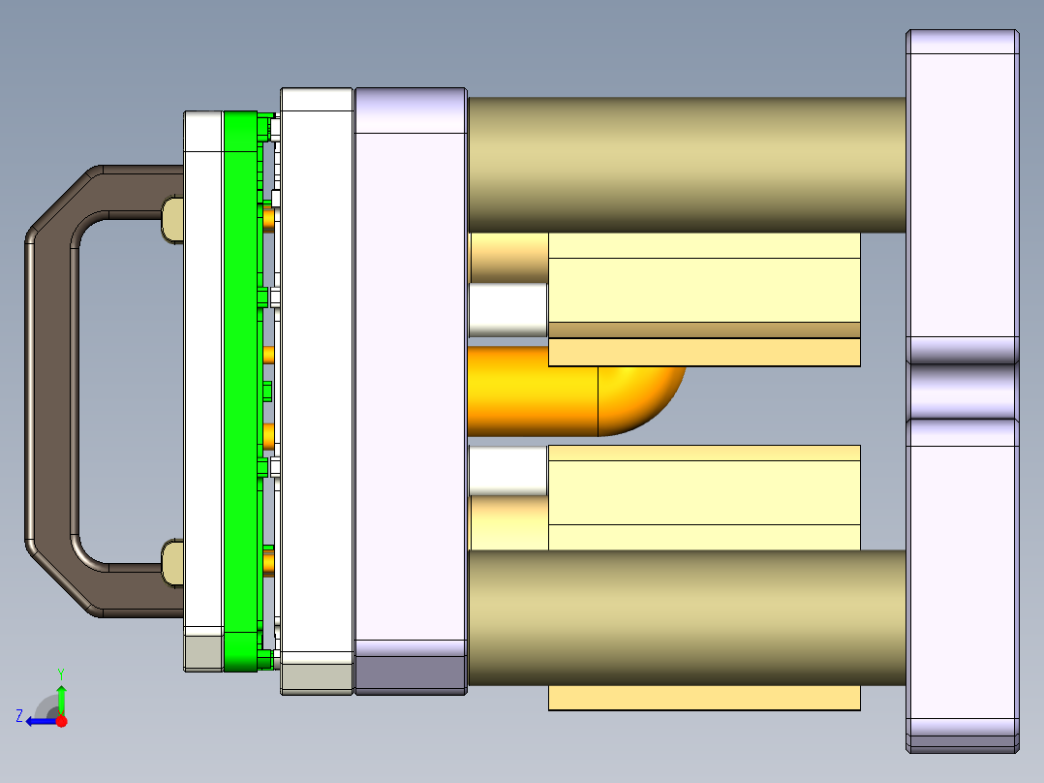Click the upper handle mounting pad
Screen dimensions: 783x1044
[171, 220]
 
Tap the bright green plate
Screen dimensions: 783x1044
[241, 388]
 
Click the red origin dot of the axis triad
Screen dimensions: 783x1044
[62, 721]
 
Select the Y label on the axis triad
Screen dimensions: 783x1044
[61, 673]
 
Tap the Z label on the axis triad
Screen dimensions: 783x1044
[19, 716]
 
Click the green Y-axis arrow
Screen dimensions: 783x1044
[61, 698]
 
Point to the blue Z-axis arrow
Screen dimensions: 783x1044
[41, 720]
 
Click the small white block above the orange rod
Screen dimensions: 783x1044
[507, 309]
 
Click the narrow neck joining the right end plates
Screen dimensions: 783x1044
[963, 391]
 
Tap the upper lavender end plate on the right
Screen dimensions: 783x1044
[963, 194]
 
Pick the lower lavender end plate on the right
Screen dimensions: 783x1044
[963, 581]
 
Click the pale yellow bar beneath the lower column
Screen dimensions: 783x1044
[704, 698]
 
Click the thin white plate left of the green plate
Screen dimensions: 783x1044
[203, 388]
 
